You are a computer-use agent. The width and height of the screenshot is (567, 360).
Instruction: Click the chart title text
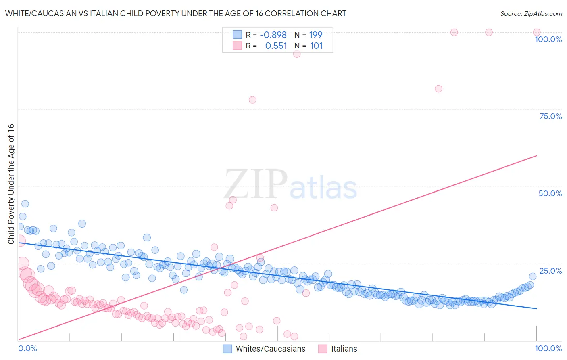pyautogui.click(x=175, y=14)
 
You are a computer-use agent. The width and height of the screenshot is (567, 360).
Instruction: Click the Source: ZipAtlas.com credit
pyautogui.click(x=531, y=14)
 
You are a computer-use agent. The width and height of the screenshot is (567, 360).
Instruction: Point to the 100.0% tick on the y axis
pyautogui.click(x=548, y=39)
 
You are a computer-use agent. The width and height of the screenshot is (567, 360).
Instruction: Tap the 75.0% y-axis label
pyautogui.click(x=550, y=116)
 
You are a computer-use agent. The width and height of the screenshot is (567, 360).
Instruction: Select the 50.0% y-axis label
pyautogui.click(x=550, y=193)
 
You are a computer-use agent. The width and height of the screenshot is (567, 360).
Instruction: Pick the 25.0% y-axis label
pyautogui.click(x=550, y=271)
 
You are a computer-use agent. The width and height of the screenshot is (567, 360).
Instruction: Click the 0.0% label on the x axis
pyautogui.click(x=27, y=348)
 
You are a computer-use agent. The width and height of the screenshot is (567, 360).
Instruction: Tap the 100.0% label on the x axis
pyautogui.click(x=548, y=348)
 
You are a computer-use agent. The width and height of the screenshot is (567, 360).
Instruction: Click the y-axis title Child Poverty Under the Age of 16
pyautogui.click(x=11, y=184)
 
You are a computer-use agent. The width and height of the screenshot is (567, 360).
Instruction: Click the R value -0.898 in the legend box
pyautogui.click(x=273, y=35)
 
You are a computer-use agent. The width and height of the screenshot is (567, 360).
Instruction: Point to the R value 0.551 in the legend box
pyautogui.click(x=276, y=46)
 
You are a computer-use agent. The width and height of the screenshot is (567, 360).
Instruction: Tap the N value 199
pyautogui.click(x=316, y=35)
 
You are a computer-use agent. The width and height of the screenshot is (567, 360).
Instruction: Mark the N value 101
pyautogui.click(x=316, y=46)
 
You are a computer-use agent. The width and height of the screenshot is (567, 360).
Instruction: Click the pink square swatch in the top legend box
pyautogui.click(x=237, y=46)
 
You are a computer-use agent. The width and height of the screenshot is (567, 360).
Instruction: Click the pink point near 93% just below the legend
pyautogui.click(x=297, y=54)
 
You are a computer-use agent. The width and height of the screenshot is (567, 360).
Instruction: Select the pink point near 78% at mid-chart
pyautogui.click(x=252, y=100)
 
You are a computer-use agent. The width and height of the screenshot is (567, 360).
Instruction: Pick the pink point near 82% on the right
pyautogui.click(x=438, y=89)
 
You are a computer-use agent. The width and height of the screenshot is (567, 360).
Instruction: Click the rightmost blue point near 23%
pyautogui.click(x=533, y=276)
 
